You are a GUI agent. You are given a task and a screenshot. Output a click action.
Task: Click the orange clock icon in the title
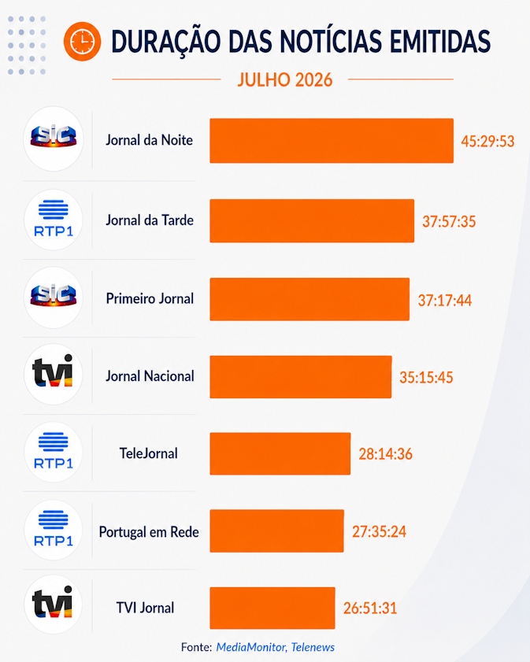pos(83,42)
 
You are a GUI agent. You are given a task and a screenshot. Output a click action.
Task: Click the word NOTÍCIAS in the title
pos(332,42)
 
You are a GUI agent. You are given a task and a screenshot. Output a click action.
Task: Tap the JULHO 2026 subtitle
pos(284,80)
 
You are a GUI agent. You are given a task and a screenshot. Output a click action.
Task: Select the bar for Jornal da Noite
pos(332,141)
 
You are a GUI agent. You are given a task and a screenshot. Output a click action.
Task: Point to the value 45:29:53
pos(487,141)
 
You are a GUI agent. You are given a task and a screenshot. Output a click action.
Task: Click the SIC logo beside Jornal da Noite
pos(54,136)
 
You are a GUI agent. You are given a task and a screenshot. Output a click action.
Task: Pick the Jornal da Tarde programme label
pos(150,220)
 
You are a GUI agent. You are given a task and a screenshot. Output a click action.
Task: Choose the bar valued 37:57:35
pos(312,221)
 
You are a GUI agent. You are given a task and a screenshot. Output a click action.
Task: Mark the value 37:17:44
pos(445,300)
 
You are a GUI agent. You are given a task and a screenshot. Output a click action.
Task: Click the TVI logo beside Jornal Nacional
pos(53,371)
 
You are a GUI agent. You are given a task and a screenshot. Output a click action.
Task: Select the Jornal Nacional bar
pos(301,377)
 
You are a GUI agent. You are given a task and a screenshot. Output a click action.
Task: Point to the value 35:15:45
pos(426,377)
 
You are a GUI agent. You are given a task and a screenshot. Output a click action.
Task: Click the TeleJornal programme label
pos(149,453)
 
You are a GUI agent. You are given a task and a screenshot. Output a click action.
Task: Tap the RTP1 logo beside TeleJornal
pos(54,451)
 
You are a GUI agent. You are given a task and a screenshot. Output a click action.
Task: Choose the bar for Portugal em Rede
pos(276,531)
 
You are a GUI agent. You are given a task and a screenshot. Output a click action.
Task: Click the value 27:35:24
pos(380,531)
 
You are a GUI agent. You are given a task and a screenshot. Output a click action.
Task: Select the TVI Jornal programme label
pos(145,608)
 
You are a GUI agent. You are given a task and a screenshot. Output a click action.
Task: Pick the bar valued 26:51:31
pos(272,608)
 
